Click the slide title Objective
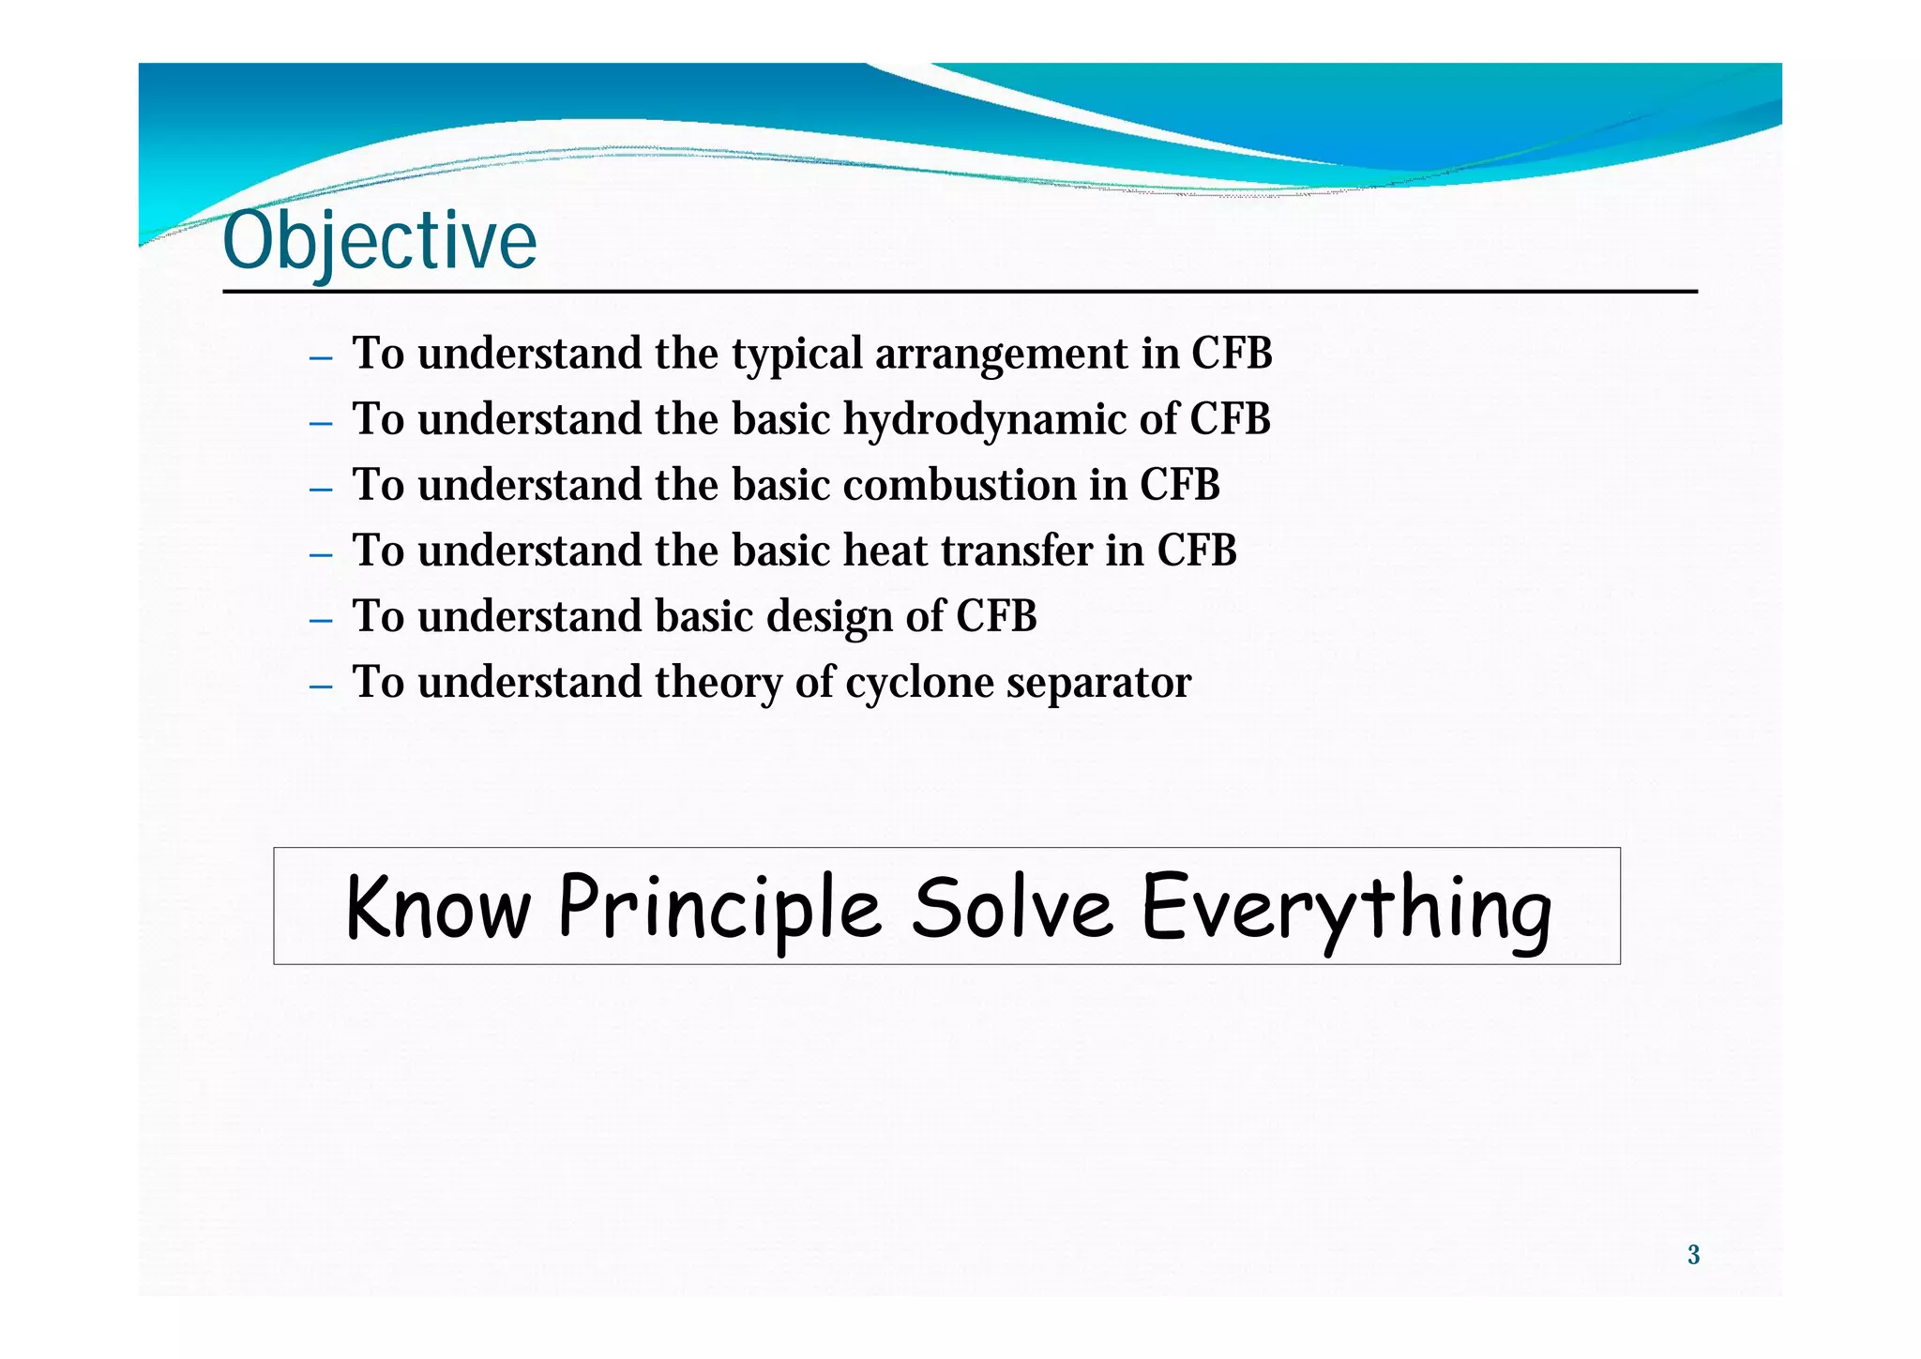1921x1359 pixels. coord(380,241)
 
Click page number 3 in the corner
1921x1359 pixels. coord(1693,1255)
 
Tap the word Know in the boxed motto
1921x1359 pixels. coord(438,908)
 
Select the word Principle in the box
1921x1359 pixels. coord(719,908)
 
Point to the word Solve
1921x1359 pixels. coord(1012,908)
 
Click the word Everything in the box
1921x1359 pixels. coord(1346,908)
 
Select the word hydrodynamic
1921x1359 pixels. coord(984,419)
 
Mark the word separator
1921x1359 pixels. coord(1098,683)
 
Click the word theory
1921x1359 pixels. coord(718,683)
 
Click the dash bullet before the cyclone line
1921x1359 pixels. coord(321,687)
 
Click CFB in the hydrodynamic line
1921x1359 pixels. coord(1230,419)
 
